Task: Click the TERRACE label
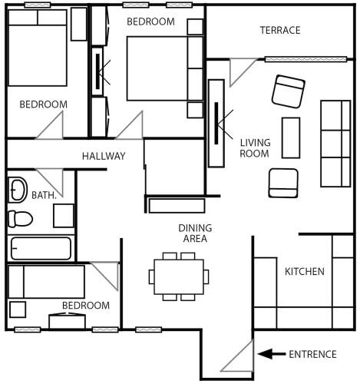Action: (280, 30)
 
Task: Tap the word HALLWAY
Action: (104, 156)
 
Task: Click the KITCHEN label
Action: (305, 271)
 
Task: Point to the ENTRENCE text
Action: (312, 354)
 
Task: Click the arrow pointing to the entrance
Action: (271, 354)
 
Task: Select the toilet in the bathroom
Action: (20, 219)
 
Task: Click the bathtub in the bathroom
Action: (41, 248)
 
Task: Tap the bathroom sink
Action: (18, 190)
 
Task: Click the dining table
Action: (179, 277)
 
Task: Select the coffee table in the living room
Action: (291, 137)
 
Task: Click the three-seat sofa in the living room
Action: (335, 144)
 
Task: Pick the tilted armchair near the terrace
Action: (289, 91)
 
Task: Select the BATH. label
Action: (44, 195)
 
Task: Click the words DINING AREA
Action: (195, 233)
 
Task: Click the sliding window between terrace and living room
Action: (306, 59)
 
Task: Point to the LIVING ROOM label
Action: (255, 148)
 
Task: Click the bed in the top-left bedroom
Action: (38, 48)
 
